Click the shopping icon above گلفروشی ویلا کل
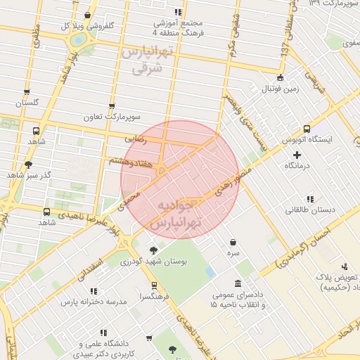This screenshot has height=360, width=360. pyautogui.click(x=86, y=15)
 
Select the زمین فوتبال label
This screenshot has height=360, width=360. pyautogui.click(x=281, y=89)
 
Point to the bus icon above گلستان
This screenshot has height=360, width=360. pyautogui.click(x=27, y=91)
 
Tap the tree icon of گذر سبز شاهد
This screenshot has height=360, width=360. pyautogui.click(x=28, y=165)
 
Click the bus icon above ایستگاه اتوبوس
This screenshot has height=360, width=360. pyautogui.click(x=307, y=129)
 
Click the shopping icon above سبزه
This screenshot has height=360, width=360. pyautogui.click(x=233, y=242)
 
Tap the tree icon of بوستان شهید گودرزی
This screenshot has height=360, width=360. pyautogui.click(x=154, y=250)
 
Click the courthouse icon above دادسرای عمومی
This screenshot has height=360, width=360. pyautogui.click(x=233, y=289)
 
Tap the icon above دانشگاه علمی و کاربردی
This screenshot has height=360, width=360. pyautogui.click(x=103, y=332)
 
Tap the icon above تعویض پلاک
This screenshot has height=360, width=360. pyautogui.click(x=345, y=266)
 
